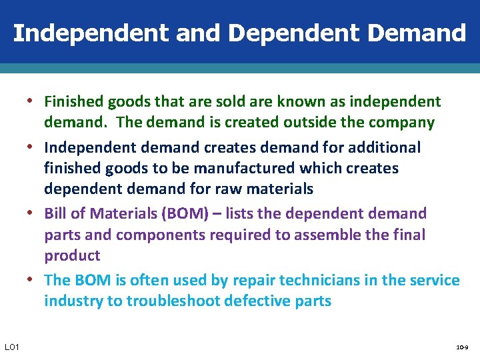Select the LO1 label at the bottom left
[x=12, y=347]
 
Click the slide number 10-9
[x=461, y=347]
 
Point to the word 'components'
[x=155, y=235]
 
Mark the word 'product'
[x=72, y=256]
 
